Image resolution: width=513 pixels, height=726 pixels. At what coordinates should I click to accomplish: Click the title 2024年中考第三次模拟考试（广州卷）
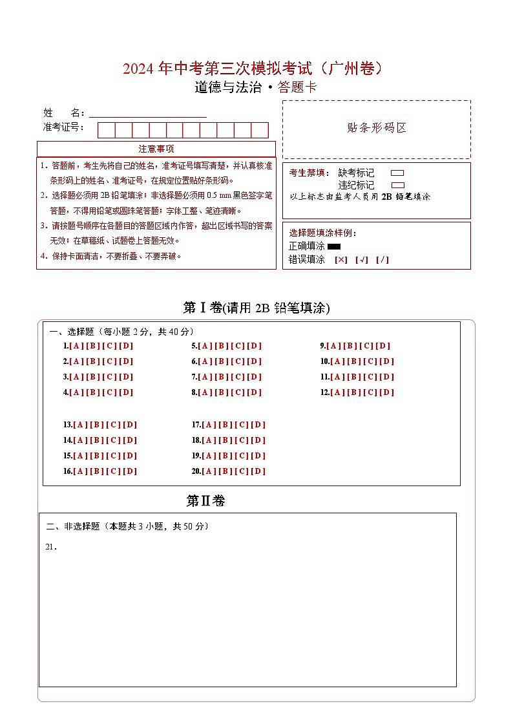tap(256, 69)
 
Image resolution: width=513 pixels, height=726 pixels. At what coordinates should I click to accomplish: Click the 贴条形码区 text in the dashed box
tap(377, 128)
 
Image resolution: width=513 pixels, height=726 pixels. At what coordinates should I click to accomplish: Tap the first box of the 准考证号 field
tap(106, 130)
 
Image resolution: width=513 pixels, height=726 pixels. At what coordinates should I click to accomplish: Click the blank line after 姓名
tap(148, 112)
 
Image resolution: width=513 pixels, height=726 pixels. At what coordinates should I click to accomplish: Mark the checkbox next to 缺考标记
tap(398, 173)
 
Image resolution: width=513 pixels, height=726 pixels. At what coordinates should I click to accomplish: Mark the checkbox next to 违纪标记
tap(398, 185)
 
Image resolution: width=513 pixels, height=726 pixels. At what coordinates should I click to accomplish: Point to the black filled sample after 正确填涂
tap(334, 246)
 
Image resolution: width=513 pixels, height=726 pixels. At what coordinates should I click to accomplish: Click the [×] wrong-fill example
tap(341, 260)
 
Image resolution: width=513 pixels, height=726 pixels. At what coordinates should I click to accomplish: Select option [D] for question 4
tap(127, 392)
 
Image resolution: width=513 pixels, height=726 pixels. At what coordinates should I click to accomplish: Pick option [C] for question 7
tap(238, 377)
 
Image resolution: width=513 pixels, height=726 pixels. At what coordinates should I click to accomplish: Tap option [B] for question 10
tap(353, 361)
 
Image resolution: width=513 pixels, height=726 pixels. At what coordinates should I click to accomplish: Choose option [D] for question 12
tap(387, 392)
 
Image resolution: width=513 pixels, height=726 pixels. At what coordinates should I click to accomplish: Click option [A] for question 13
tap(80, 425)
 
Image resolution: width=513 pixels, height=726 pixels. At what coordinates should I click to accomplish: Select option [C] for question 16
tap(114, 471)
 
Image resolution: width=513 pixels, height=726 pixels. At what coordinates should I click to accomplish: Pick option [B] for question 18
tap(225, 440)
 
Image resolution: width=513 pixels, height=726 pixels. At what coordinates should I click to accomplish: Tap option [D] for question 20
tap(259, 471)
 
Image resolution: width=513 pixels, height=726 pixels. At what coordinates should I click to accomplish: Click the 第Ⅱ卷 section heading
tap(205, 501)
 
